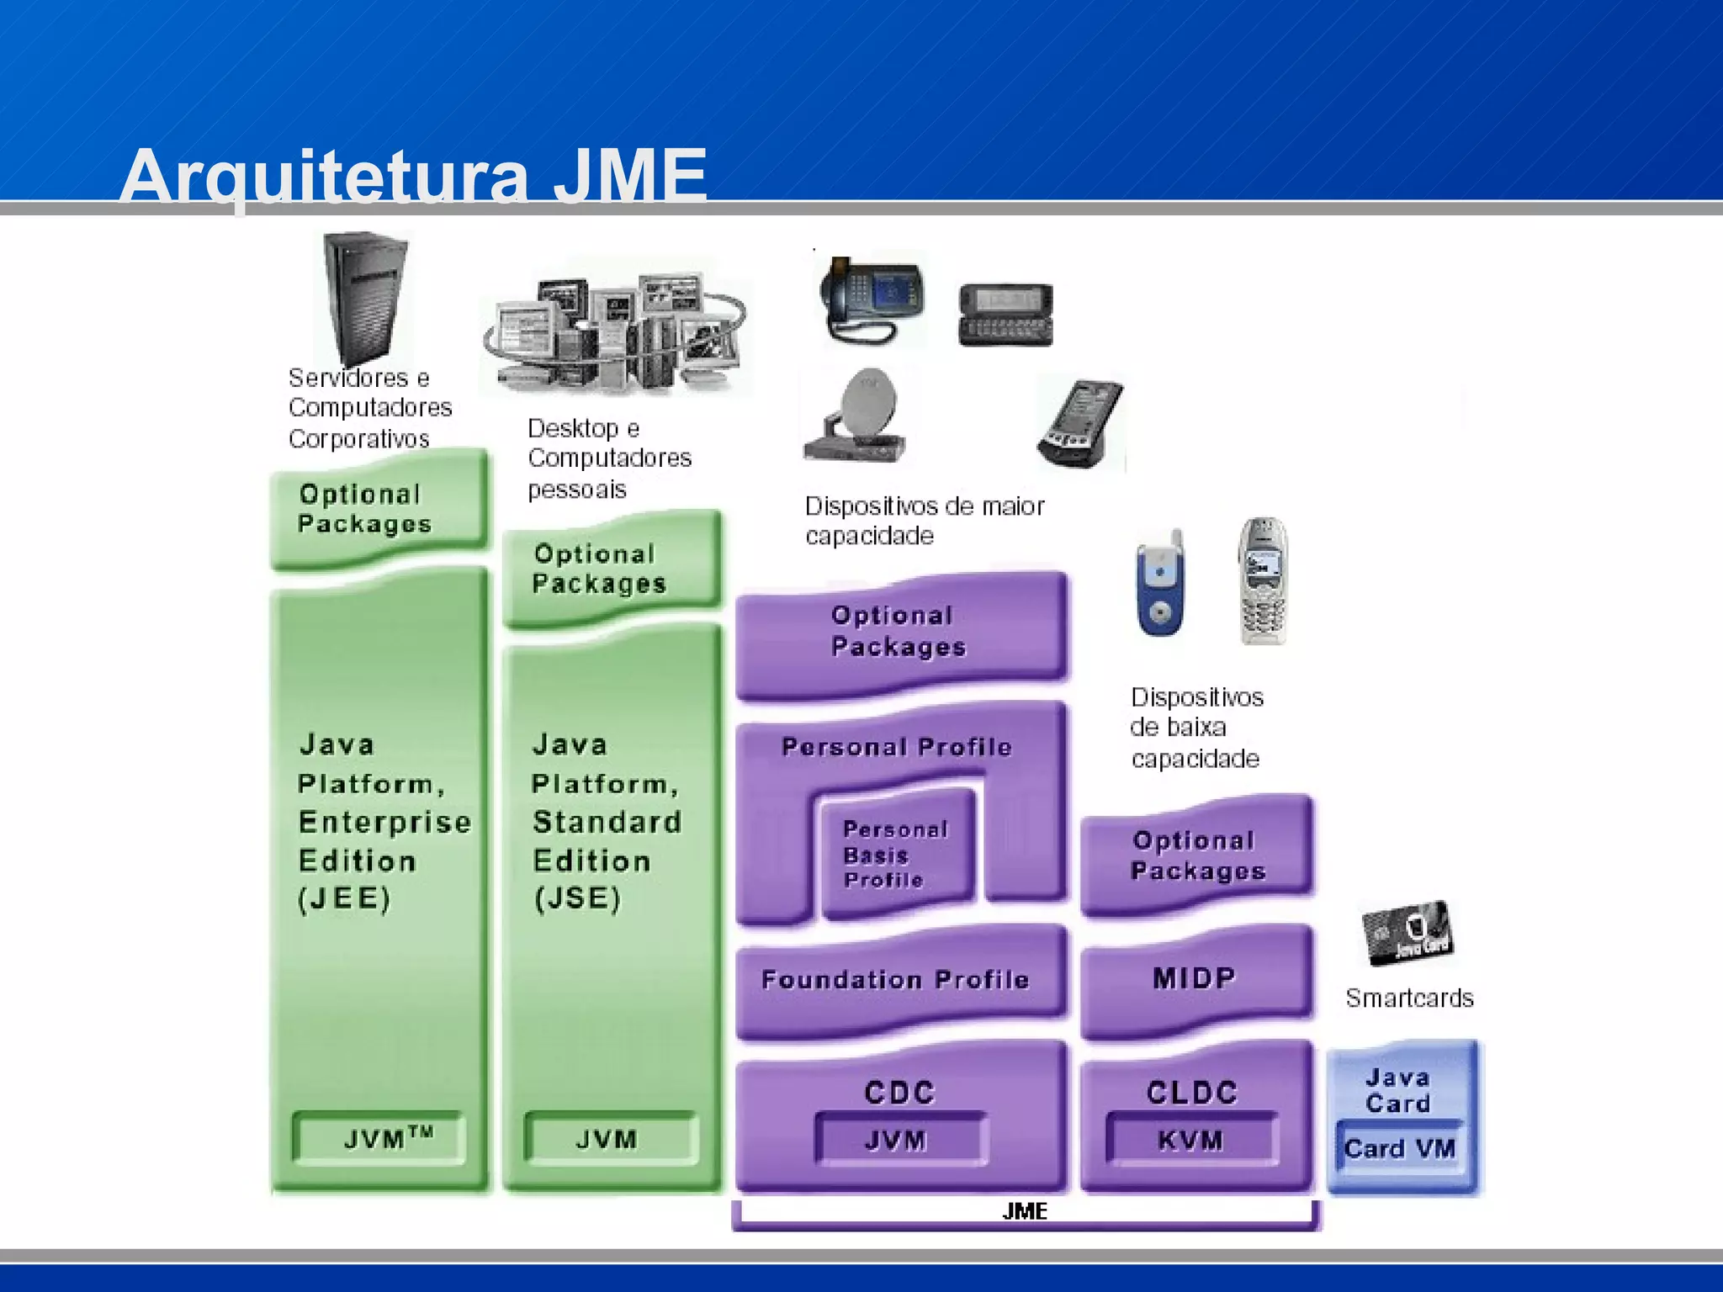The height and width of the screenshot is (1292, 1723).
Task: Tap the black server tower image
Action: click(x=366, y=299)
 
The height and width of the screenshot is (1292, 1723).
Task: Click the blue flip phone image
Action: click(x=1161, y=585)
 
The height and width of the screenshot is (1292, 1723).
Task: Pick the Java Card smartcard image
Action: click(x=1407, y=933)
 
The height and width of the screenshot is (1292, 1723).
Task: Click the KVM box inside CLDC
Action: click(x=1190, y=1141)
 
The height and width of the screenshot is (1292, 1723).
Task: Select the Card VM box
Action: click(x=1399, y=1149)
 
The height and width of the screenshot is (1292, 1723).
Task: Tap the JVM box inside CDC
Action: click(x=897, y=1141)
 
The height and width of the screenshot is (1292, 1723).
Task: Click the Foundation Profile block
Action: click(x=896, y=980)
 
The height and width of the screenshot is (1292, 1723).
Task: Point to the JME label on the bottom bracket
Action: click(x=1025, y=1211)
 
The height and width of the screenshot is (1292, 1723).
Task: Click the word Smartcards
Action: click(x=1409, y=998)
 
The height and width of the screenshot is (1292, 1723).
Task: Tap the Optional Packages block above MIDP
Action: click(x=1196, y=855)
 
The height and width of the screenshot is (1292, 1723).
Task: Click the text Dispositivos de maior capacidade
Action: click(x=924, y=521)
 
